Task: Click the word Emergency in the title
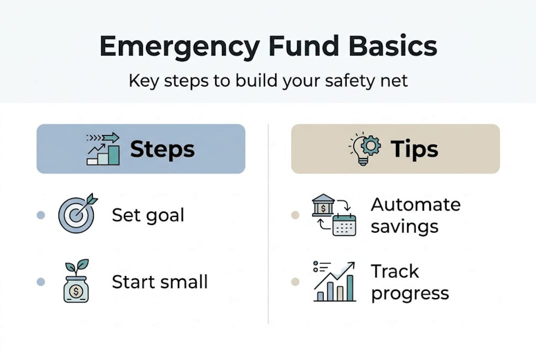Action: (179, 46)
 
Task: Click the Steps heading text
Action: (162, 149)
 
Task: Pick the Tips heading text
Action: (414, 149)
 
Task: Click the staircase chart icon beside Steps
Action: (103, 149)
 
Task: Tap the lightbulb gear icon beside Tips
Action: (365, 148)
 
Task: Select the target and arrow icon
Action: (77, 213)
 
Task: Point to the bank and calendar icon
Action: (334, 215)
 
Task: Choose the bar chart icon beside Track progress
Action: (334, 281)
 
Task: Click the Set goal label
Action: (148, 215)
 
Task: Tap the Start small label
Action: (159, 282)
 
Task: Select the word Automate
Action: (416, 204)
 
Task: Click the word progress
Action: (410, 293)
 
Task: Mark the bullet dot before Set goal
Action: (41, 215)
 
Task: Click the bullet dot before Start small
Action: (41, 282)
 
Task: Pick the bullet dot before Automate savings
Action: (295, 215)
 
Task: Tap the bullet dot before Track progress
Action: (295, 282)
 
